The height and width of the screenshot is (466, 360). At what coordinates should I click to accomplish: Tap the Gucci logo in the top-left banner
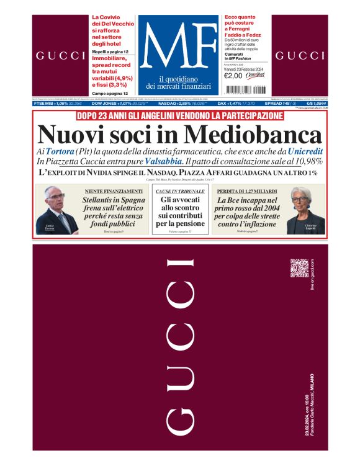(x=60, y=56)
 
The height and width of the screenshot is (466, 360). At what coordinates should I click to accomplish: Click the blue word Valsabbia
(x=164, y=161)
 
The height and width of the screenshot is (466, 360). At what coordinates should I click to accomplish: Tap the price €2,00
(x=233, y=75)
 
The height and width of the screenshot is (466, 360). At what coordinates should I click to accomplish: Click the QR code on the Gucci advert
(x=299, y=268)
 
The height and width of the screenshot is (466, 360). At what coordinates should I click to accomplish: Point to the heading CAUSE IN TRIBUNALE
(x=179, y=192)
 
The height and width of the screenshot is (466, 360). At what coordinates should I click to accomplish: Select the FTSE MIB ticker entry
(x=60, y=104)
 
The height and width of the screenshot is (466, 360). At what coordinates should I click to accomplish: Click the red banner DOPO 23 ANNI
(x=179, y=116)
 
